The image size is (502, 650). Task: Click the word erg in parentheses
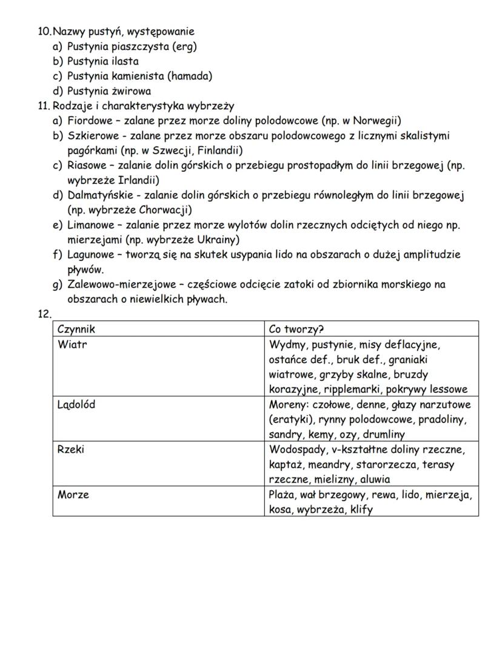click(184, 46)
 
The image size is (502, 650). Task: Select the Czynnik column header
click(76, 329)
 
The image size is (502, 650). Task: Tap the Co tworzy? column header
click(296, 329)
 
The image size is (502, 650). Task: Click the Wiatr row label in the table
click(70, 345)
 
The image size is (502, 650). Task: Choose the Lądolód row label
click(76, 405)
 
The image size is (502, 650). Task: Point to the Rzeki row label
click(71, 450)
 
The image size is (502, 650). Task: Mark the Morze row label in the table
click(73, 495)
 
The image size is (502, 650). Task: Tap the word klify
click(361, 510)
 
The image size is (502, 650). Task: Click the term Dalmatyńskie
click(98, 195)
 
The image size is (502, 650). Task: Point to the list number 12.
click(44, 314)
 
